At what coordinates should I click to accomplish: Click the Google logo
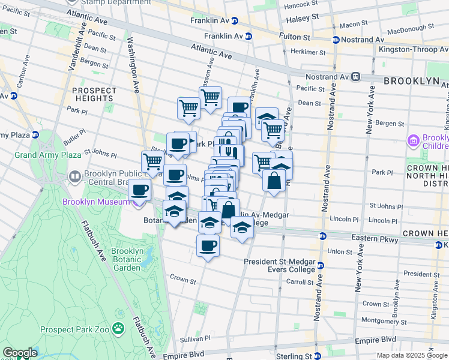[x=20, y=353]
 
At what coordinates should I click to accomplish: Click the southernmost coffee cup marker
[x=208, y=246]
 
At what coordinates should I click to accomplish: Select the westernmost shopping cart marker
[x=153, y=161]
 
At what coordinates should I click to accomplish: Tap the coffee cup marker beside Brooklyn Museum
[x=140, y=190]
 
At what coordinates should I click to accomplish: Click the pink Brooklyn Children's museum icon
[x=413, y=141]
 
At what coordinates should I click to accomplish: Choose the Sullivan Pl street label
[x=196, y=339]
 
